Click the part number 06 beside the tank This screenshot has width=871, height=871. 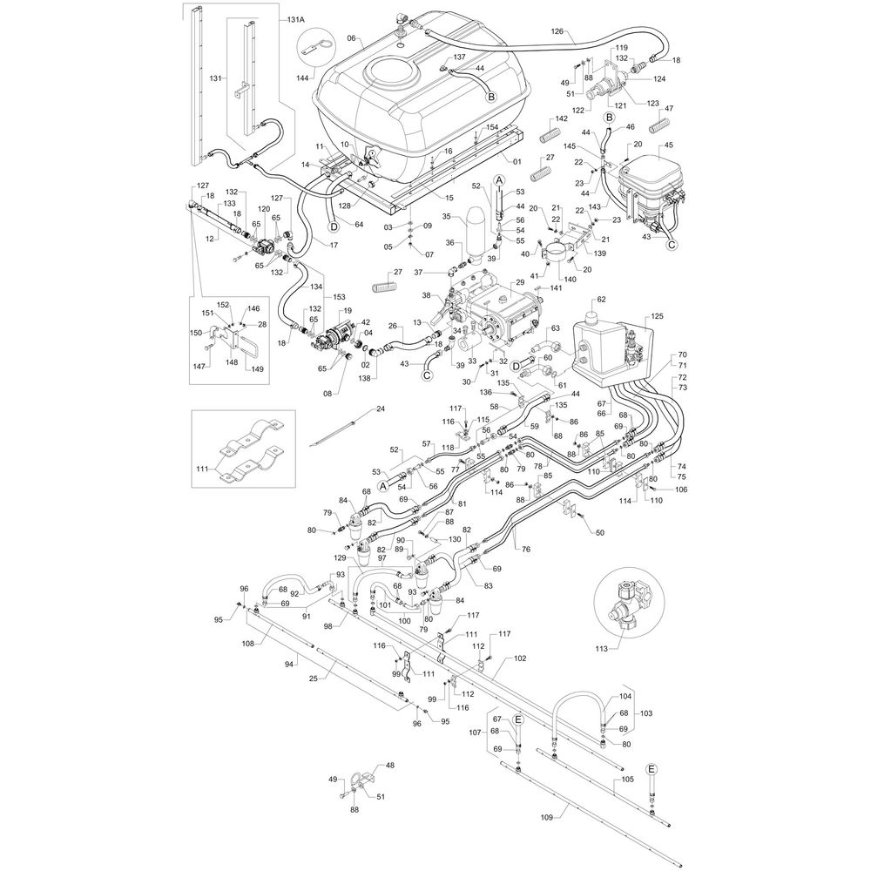(352, 38)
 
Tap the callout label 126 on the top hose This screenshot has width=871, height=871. (559, 32)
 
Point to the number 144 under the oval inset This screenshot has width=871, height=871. (302, 78)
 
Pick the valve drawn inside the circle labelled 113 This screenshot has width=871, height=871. (625, 600)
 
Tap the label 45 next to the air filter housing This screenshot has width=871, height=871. (668, 145)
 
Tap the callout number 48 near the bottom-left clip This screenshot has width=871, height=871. (389, 766)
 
